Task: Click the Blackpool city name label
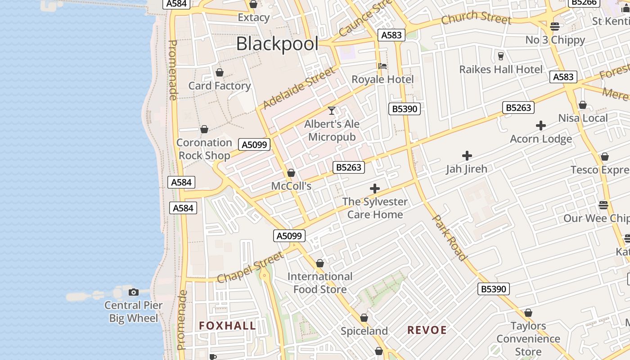pyautogui.click(x=277, y=44)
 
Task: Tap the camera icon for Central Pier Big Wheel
pyautogui.click(x=133, y=292)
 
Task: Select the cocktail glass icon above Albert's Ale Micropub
pyautogui.click(x=332, y=110)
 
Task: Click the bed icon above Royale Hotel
pyautogui.click(x=382, y=66)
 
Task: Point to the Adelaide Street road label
pyautogui.click(x=299, y=88)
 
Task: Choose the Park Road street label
pyautogui.click(x=449, y=238)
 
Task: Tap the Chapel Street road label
pyautogui.click(x=250, y=267)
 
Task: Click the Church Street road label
pyautogui.click(x=476, y=18)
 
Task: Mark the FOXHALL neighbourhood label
pyautogui.click(x=227, y=326)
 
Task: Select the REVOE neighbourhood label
pyautogui.click(x=427, y=330)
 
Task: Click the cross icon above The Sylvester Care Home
pyautogui.click(x=374, y=189)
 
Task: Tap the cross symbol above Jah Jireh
pyautogui.click(x=467, y=156)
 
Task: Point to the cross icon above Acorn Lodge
pyautogui.click(x=541, y=126)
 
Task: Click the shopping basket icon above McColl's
pyautogui.click(x=291, y=173)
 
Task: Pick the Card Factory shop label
pyautogui.click(x=220, y=85)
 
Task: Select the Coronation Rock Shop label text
pyautogui.click(x=204, y=149)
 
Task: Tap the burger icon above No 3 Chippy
pyautogui.click(x=555, y=27)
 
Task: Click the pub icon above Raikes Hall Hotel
pyautogui.click(x=500, y=56)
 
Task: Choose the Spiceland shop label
pyautogui.click(x=364, y=331)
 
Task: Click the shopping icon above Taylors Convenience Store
pyautogui.click(x=528, y=313)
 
